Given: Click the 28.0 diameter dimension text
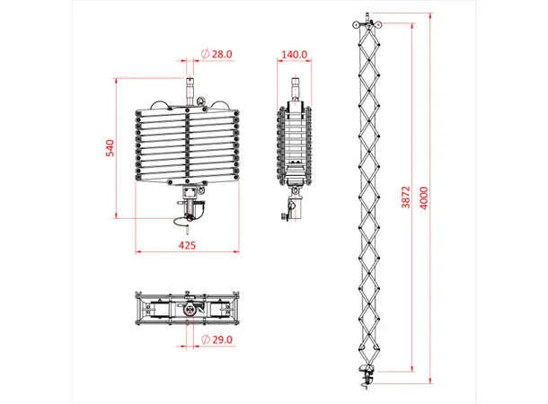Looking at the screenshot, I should (x=222, y=55).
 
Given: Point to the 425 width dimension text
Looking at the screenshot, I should (x=187, y=244).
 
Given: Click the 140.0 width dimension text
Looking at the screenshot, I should (x=295, y=55).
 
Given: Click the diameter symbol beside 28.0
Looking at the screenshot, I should (x=206, y=55).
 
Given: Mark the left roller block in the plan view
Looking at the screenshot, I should (x=155, y=308).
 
